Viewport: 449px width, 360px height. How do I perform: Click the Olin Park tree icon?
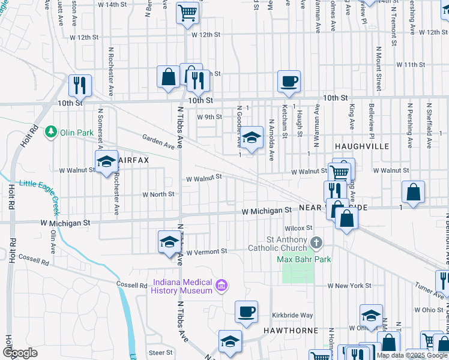tap(52, 131)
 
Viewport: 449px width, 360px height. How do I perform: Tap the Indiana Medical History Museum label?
tap(182, 286)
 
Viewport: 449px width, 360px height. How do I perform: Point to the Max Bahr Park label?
tap(304, 259)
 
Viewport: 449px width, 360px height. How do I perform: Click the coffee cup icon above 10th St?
tap(289, 81)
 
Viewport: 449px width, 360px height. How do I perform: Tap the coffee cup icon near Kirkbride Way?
tap(246, 311)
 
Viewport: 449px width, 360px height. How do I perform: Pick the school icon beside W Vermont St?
tap(169, 241)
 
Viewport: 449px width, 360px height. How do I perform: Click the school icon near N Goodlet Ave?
tap(252, 137)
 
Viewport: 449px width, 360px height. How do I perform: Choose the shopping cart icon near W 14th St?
tap(188, 11)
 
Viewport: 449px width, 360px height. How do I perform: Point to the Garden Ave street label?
tap(158, 142)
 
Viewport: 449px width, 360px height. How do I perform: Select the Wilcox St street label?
tap(299, 228)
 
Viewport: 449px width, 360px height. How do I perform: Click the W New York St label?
tap(349, 285)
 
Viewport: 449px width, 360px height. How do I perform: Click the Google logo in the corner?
tap(20, 353)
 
